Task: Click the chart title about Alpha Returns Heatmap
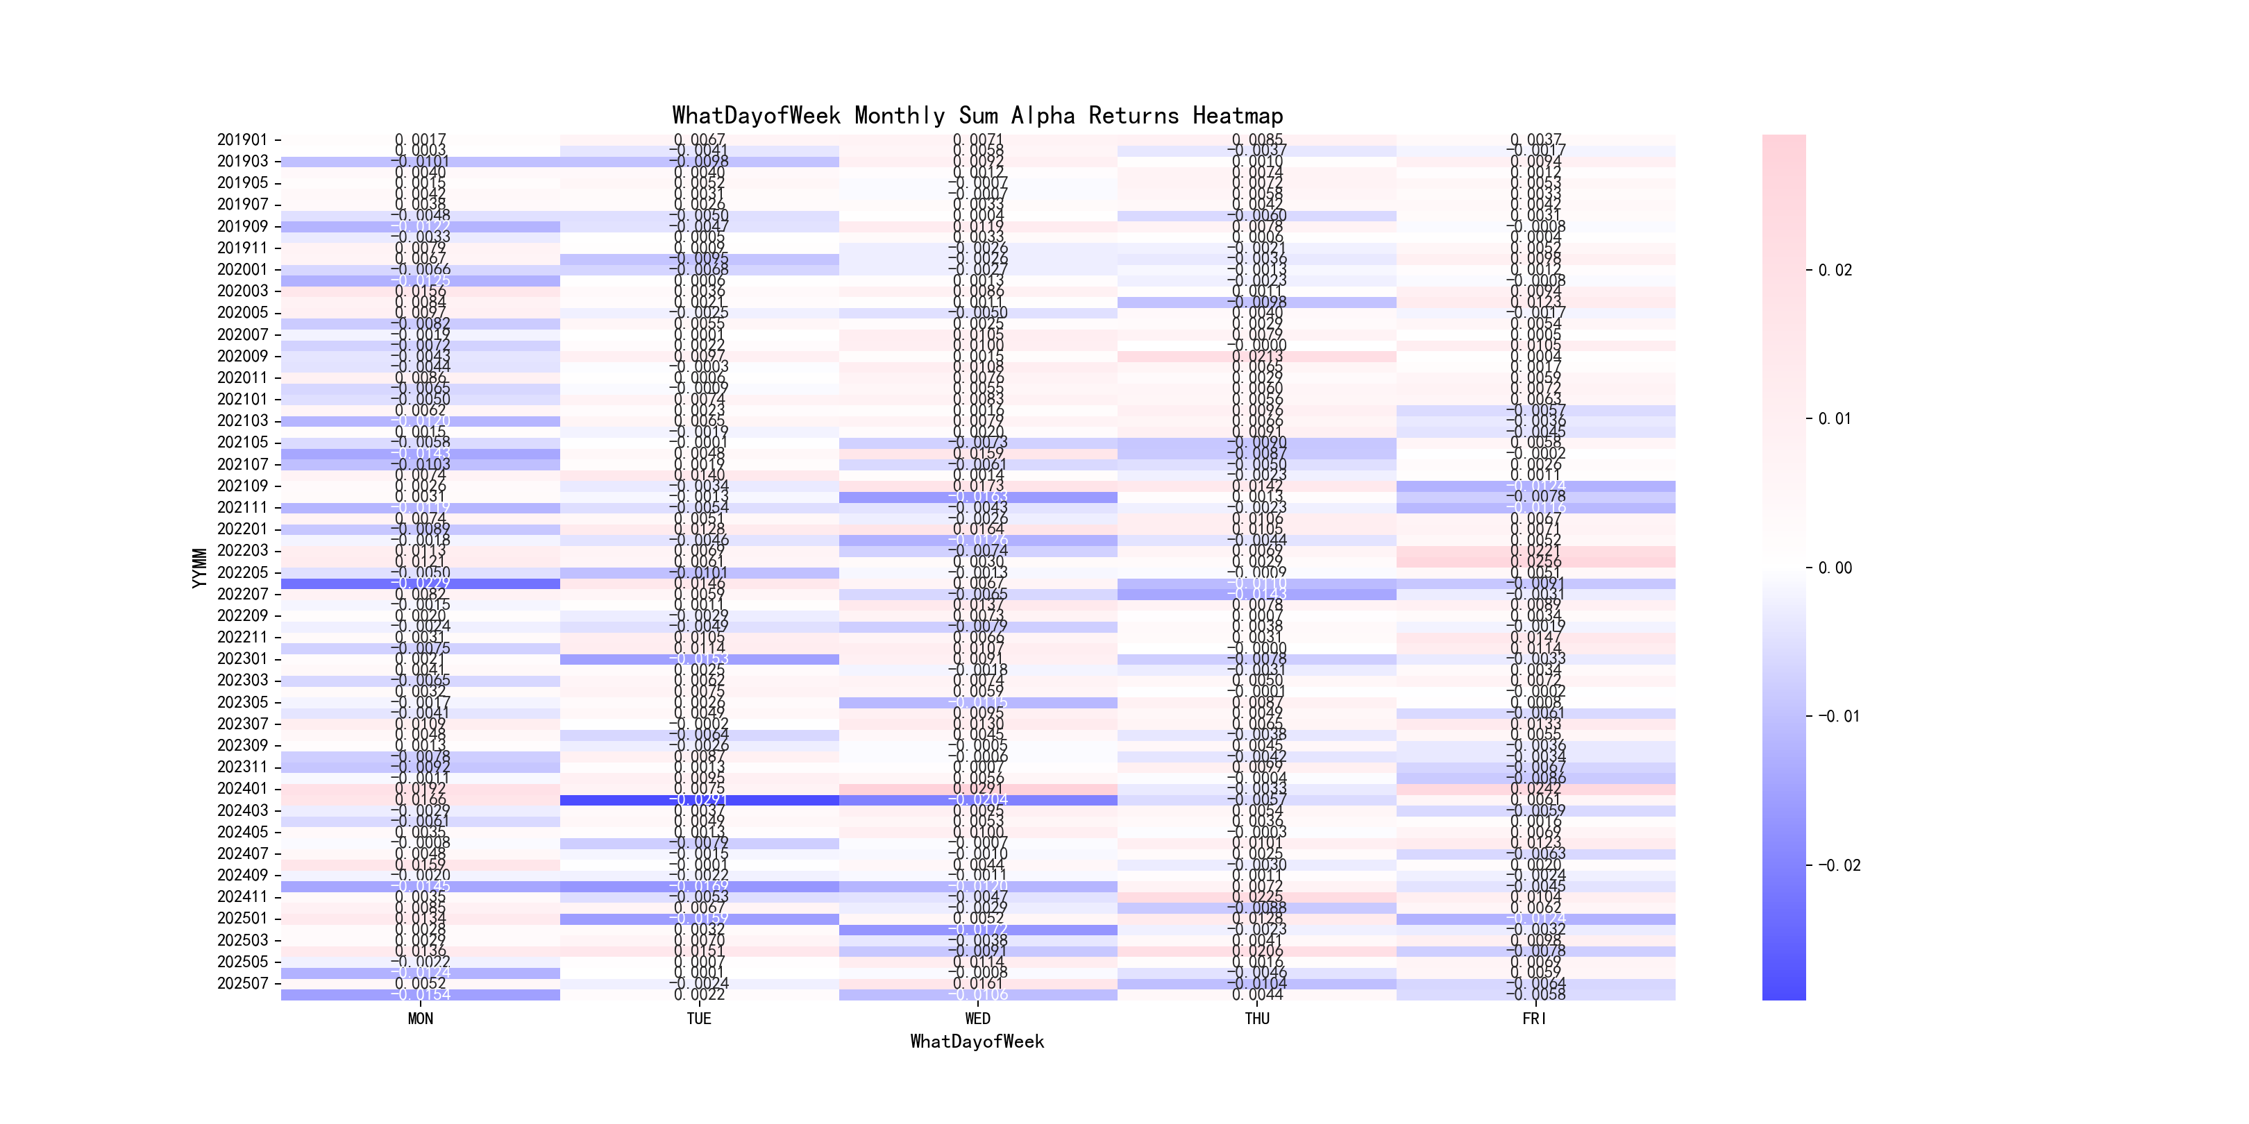(977, 115)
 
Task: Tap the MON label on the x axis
(420, 1019)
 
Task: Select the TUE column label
(698, 1019)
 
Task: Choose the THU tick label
(1256, 1019)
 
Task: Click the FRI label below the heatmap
(1535, 1019)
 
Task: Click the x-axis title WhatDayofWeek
(977, 1041)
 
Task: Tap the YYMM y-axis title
(200, 568)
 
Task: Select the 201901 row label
(242, 139)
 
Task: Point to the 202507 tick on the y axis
(242, 984)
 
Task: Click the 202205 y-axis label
(242, 572)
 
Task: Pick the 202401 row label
(242, 789)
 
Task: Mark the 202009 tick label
(242, 356)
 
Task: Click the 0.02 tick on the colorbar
(1835, 271)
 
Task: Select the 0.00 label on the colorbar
(1835, 568)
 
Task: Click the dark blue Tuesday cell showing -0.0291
(698, 800)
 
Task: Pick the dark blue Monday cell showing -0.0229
(420, 584)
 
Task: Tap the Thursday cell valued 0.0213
(1256, 356)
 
